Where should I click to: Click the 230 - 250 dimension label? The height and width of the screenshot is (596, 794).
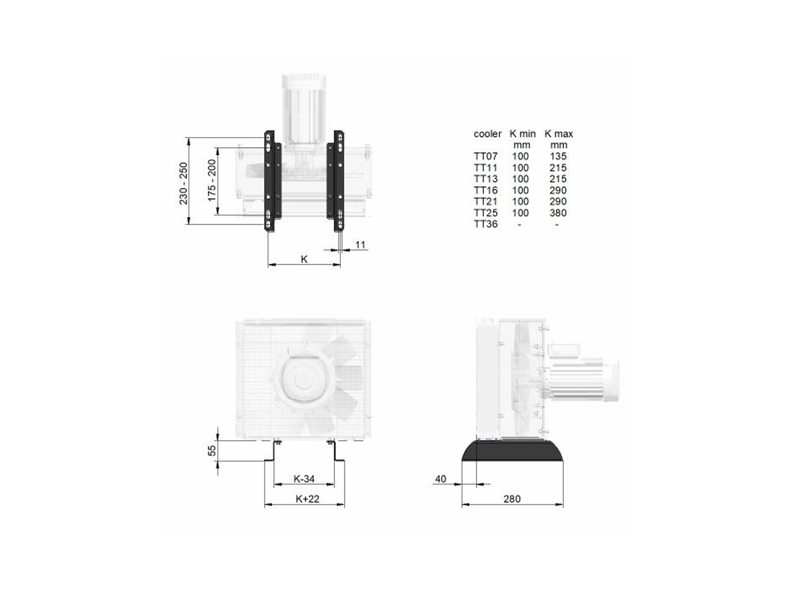click(x=184, y=183)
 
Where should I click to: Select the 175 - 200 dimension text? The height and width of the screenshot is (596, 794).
click(x=211, y=180)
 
